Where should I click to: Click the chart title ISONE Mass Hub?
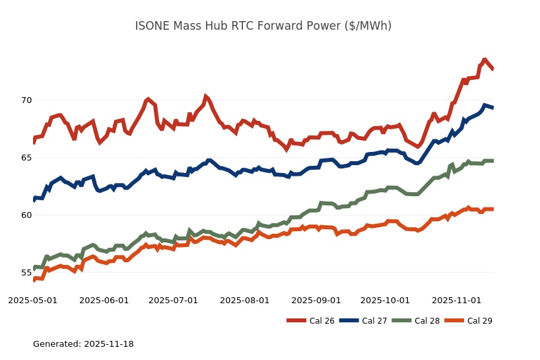[263, 26]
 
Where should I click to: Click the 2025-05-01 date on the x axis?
[33, 301]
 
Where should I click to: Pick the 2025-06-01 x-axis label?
[104, 301]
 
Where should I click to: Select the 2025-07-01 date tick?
[174, 301]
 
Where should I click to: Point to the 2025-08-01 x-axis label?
[245, 301]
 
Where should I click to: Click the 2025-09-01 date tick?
[316, 301]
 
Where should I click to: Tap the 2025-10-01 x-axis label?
[386, 301]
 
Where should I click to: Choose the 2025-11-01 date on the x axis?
[457, 301]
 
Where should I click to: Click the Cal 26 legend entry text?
[321, 321]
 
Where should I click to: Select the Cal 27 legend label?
[374, 321]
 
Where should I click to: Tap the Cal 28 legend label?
[427, 321]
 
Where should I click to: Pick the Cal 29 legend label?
[480, 321]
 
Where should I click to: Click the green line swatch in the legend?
[401, 321]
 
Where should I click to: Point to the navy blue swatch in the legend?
[349, 321]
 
